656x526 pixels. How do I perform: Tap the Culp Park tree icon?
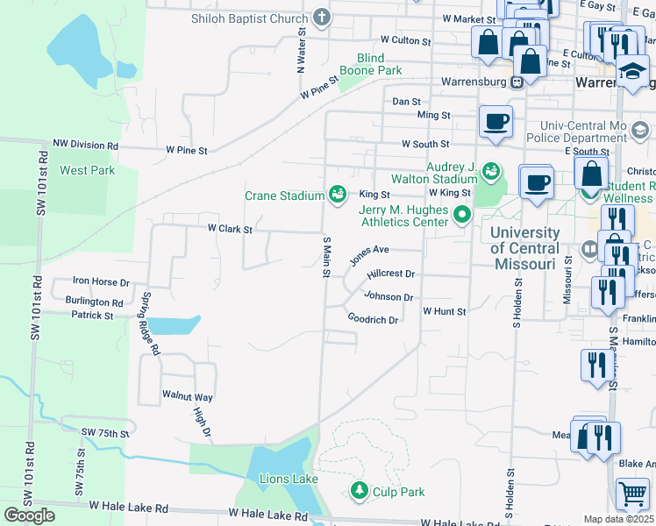coord(358,491)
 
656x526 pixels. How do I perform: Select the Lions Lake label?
coord(289,479)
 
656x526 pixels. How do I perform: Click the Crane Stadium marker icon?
coord(337,194)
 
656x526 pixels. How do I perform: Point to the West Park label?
coord(87,170)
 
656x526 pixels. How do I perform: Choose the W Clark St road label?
coord(230,229)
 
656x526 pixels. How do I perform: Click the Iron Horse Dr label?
coord(101,281)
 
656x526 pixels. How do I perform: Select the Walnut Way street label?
coord(188,396)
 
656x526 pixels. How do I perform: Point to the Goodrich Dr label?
coord(373,319)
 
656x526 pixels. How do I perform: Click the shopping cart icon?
coord(631,494)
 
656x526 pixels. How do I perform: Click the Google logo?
coord(29,515)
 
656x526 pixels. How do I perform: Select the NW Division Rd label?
coord(85,145)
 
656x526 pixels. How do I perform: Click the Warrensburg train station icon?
coord(517,82)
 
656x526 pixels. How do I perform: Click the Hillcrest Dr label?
coord(390,274)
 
